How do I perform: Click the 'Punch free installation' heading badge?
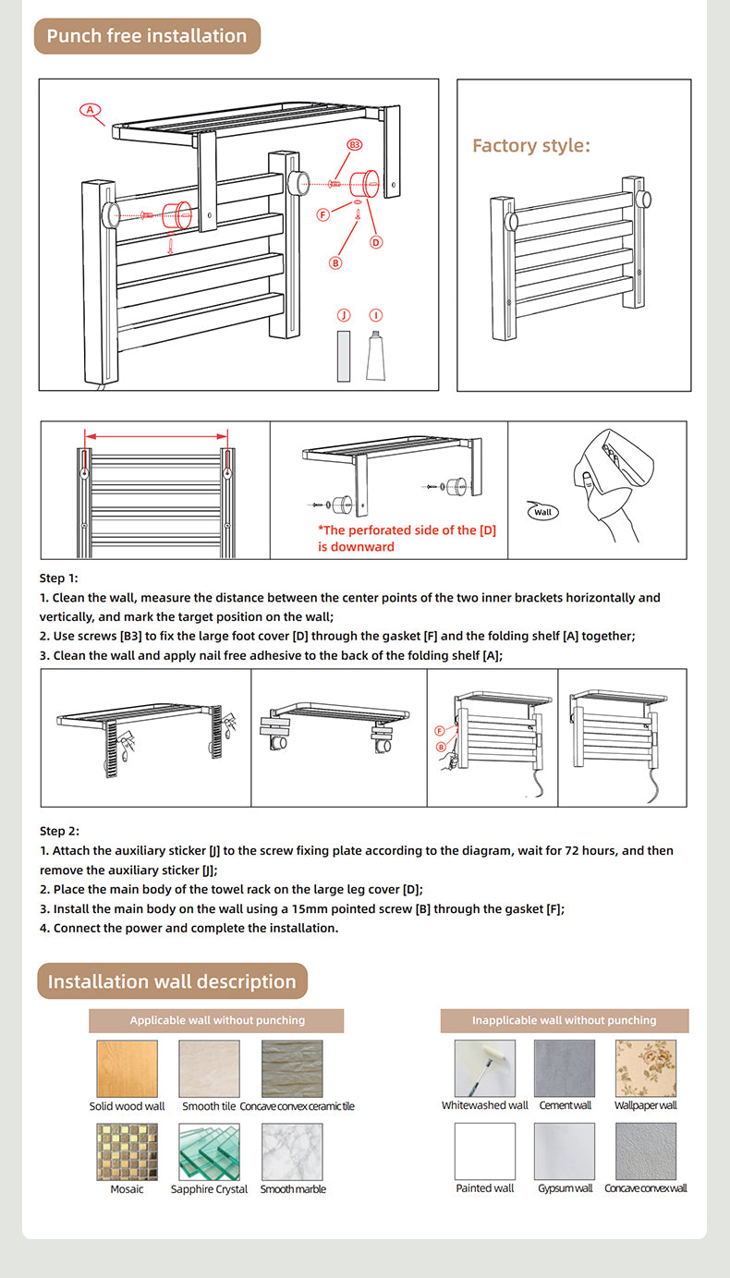click(x=148, y=36)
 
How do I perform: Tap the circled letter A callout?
click(x=90, y=110)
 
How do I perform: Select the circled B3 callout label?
click(x=355, y=145)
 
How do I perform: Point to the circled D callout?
click(x=375, y=242)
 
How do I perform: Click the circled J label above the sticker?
click(x=344, y=315)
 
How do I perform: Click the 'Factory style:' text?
click(x=530, y=145)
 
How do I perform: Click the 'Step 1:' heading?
click(x=59, y=578)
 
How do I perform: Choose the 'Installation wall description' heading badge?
click(x=172, y=980)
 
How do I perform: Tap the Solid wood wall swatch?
click(x=127, y=1069)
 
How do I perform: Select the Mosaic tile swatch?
click(x=127, y=1151)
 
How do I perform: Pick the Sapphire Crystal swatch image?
click(x=209, y=1151)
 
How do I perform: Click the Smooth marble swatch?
click(x=292, y=1151)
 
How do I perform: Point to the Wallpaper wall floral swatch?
click(x=645, y=1068)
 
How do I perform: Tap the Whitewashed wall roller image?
click(x=484, y=1068)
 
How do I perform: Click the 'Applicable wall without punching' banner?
click(x=216, y=1020)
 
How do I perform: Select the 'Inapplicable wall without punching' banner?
click(x=564, y=1020)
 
